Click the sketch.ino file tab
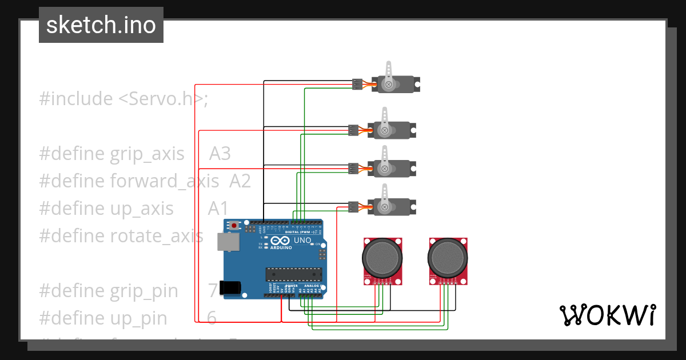pos(101,25)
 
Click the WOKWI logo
pos(607,315)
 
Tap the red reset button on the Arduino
pos(233,225)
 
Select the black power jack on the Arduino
pos(231,287)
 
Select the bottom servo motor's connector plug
pos(353,207)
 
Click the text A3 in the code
pos(220,154)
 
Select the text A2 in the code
pos(240,181)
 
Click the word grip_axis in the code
pos(147,154)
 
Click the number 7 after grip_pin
pos(213,291)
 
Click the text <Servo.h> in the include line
pos(161,99)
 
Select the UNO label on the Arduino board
pos(302,241)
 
